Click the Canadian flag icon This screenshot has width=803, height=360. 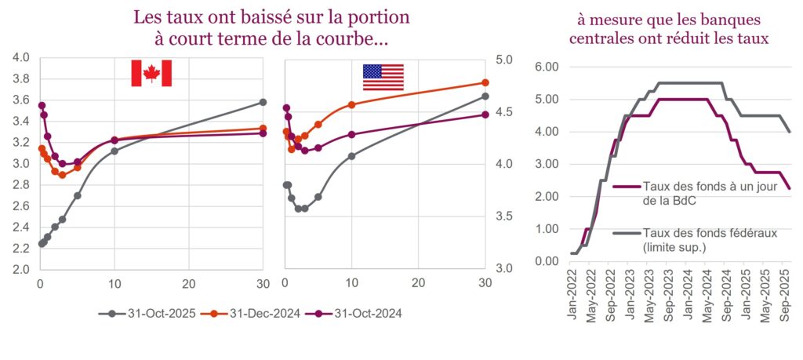tap(151, 73)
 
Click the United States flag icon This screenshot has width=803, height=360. tap(383, 77)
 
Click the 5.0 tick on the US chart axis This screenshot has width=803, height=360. tap(503, 60)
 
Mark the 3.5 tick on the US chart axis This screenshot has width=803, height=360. tap(503, 216)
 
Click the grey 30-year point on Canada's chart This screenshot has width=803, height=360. tap(263, 102)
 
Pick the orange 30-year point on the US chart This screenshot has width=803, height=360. tap(485, 82)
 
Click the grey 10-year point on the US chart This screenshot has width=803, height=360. tap(351, 156)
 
